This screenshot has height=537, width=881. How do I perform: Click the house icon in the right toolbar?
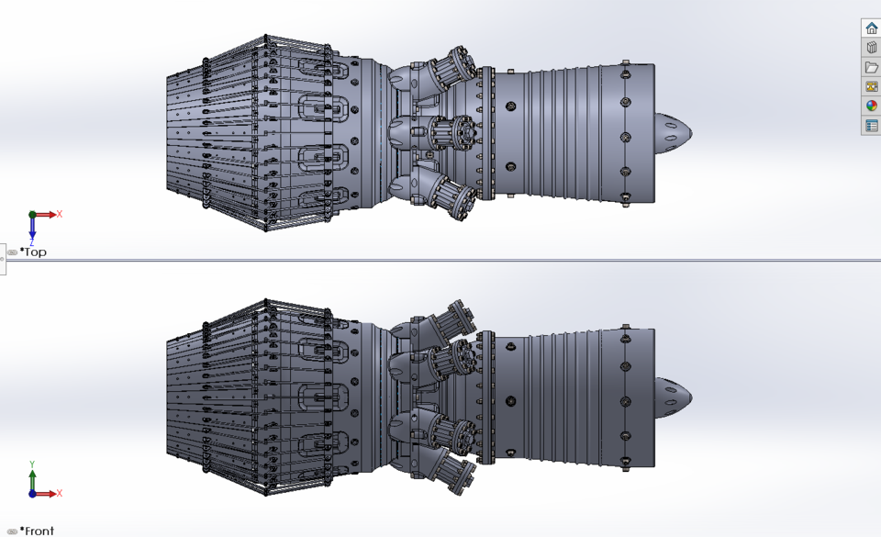(x=871, y=28)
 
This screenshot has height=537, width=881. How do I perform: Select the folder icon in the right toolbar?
(x=871, y=67)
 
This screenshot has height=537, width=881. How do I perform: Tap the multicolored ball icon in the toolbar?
(x=871, y=106)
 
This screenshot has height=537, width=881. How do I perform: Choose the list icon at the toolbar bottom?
(x=871, y=125)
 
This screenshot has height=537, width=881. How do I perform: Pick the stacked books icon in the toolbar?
(x=871, y=48)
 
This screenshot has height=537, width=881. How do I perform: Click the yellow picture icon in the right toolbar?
(x=871, y=86)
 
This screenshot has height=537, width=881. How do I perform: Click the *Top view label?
(x=33, y=252)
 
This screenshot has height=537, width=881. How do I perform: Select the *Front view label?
(x=37, y=531)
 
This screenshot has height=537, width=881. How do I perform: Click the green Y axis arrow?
(x=32, y=478)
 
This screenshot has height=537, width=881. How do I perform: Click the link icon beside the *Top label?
(x=12, y=252)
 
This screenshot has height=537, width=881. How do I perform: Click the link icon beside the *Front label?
(x=12, y=531)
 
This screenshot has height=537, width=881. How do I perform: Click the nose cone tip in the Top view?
(x=690, y=132)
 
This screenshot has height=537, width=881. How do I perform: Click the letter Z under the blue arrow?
(x=32, y=244)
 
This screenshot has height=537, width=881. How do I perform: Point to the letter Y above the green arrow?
(x=32, y=464)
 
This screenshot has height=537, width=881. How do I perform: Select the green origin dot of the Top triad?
(x=32, y=215)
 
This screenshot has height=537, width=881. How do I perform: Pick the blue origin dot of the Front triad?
(x=32, y=494)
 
